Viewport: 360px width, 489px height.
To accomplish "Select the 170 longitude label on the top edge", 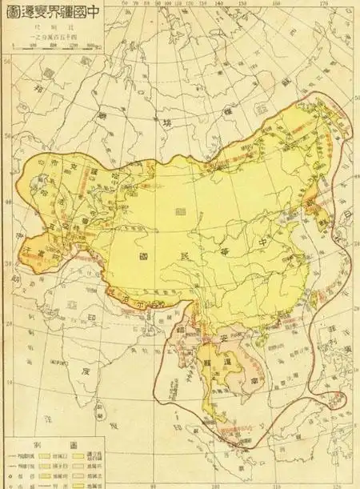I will click(324, 5).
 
